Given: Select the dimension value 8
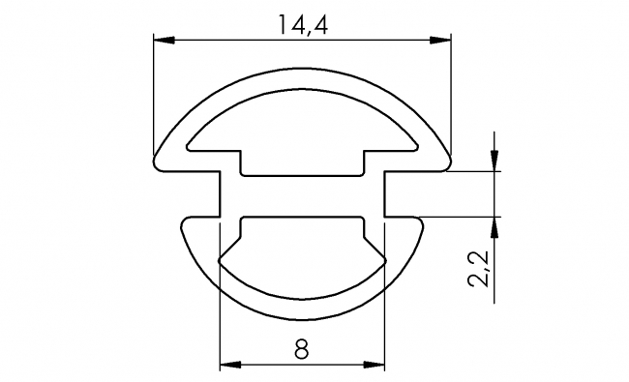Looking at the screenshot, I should (302, 350).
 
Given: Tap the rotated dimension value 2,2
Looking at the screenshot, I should (477, 268).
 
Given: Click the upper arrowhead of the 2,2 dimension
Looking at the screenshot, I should (494, 162).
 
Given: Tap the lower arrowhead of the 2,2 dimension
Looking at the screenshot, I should (494, 226).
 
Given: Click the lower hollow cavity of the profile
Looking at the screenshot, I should (302, 256).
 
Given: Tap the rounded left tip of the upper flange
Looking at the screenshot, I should (160, 160).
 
